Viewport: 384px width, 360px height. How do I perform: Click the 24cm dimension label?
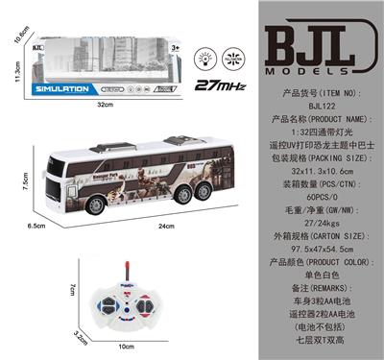(x=166, y=226)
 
